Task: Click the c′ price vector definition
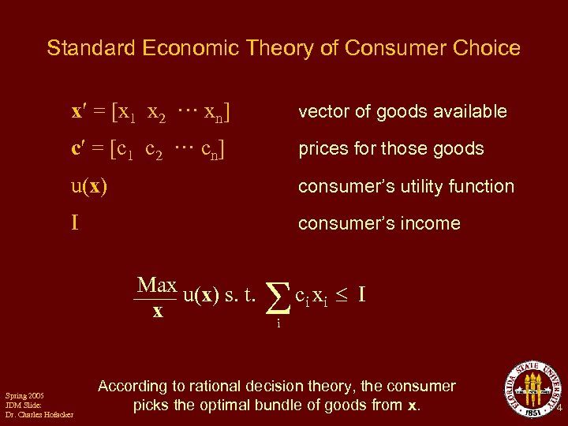[151, 148]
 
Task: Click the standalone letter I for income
[75, 223]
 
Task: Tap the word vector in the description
[320, 112]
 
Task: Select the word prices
[321, 149]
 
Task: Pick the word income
[432, 223]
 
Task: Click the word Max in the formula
[156, 285]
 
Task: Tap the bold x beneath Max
[157, 312]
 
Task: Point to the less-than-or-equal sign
[340, 297]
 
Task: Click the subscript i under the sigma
[278, 322]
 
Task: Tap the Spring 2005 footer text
[24, 395]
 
